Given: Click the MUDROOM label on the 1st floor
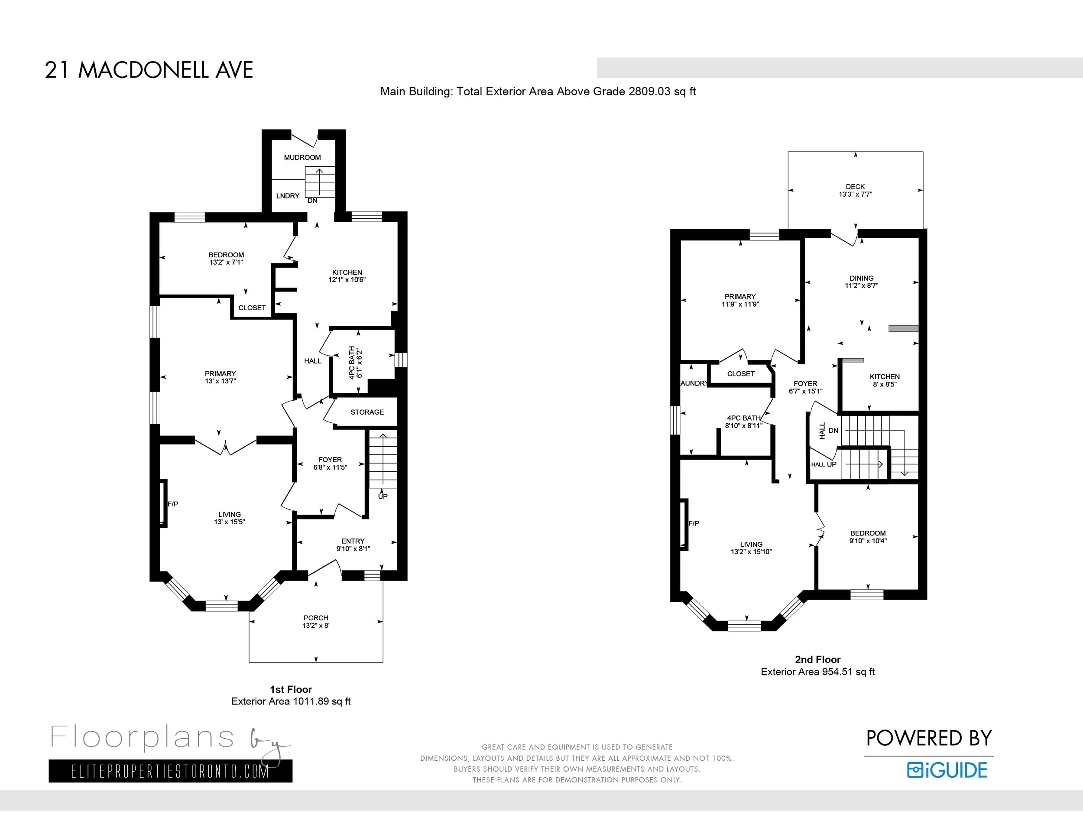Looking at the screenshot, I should (302, 157).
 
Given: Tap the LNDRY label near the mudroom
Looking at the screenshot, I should (288, 196).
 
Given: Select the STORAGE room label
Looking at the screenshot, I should (367, 412).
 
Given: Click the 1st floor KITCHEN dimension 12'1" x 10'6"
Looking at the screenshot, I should (347, 280).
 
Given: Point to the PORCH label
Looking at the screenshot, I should (316, 618).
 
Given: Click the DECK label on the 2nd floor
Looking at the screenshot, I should (855, 187).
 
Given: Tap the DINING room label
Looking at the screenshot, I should (861, 278).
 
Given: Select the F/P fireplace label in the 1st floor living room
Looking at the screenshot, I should (172, 504).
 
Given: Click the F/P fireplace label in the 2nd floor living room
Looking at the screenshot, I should (693, 523).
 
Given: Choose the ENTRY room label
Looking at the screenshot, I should (353, 541).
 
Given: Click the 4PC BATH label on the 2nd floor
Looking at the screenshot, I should (743, 418).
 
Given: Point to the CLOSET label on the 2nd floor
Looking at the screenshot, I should (740, 374).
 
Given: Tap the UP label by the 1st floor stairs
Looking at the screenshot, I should (383, 496).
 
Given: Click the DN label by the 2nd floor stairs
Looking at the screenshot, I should (833, 430).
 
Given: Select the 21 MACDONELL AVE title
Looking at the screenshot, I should (149, 70).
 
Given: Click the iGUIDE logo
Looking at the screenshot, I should (947, 770).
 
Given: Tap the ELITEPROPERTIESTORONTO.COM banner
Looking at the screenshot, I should (170, 772).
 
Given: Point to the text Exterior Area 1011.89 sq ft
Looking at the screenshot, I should (291, 701).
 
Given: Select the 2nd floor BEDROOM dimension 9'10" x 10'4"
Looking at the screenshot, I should (867, 541).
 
